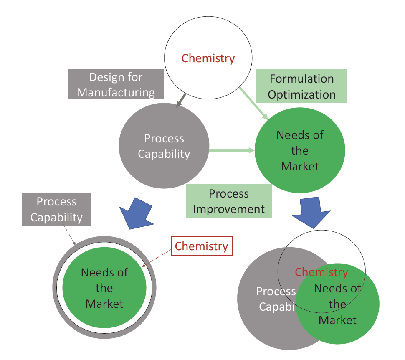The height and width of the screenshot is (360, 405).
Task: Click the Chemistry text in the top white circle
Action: (208, 58)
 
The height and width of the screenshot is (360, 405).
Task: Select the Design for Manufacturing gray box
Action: (116, 84)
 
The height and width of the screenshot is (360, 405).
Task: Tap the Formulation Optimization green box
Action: (301, 86)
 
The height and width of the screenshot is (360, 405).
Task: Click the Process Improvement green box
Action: (228, 201)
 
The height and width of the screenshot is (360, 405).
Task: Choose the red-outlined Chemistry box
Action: (201, 246)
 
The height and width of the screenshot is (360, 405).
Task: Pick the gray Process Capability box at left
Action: (56, 209)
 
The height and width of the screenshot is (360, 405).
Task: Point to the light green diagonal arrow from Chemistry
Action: (253, 104)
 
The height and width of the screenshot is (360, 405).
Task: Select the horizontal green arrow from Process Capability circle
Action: (232, 150)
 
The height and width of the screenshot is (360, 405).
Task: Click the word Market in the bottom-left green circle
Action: (104, 303)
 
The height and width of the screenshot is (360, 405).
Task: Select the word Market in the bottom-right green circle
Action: (337, 320)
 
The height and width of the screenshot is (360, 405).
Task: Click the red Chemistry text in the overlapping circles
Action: (321, 272)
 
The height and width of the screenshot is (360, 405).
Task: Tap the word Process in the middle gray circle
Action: (164, 139)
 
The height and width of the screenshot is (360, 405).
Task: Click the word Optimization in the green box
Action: (301, 94)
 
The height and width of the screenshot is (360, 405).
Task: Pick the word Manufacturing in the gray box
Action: (116, 92)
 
